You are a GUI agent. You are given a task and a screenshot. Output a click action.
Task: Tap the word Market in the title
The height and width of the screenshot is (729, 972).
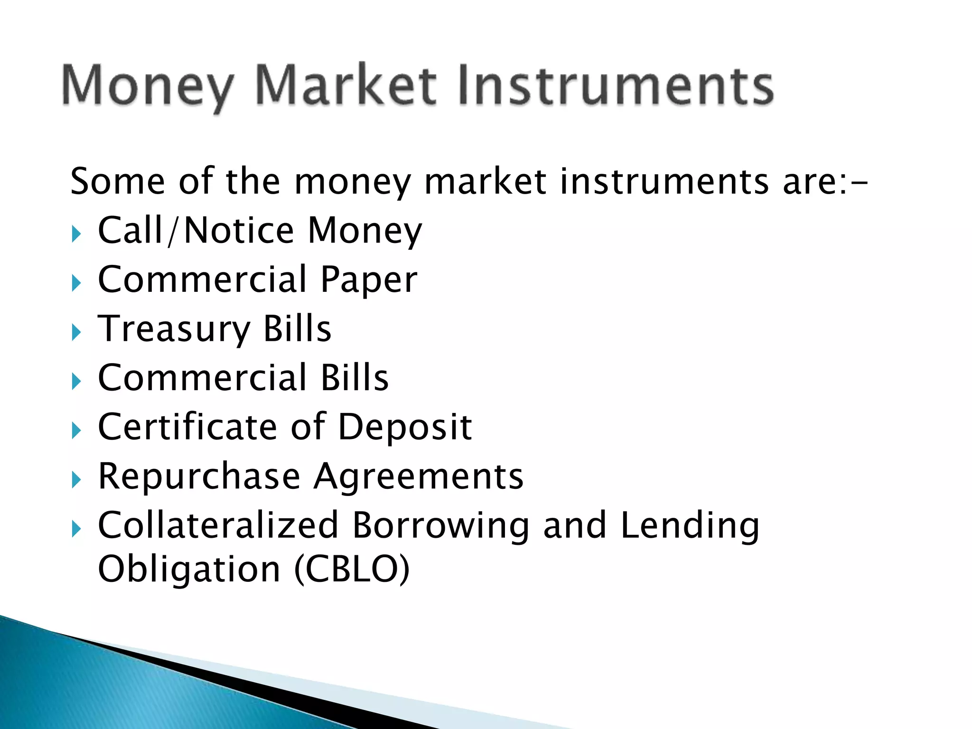point(346,85)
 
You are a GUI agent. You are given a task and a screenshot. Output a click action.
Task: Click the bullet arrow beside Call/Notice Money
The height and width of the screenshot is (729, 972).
point(77,234)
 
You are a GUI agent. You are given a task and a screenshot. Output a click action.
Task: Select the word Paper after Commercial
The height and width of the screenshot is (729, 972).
point(369,280)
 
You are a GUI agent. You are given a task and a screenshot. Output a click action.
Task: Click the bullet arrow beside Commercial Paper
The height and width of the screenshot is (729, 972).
point(77,283)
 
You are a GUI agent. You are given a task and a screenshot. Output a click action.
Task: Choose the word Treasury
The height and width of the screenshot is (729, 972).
point(174,329)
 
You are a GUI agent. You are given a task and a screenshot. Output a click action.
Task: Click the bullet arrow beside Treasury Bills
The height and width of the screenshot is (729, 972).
point(77,332)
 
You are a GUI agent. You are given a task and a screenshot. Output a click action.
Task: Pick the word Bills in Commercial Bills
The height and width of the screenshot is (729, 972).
point(355,378)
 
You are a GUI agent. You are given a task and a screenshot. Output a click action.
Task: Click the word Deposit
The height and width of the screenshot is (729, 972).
point(404,428)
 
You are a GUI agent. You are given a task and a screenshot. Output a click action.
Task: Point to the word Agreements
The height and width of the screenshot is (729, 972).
point(419,477)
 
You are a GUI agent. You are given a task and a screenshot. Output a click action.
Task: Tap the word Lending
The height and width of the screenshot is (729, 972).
point(690,526)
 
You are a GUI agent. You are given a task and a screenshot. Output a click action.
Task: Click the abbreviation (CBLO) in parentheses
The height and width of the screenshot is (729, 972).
point(352,570)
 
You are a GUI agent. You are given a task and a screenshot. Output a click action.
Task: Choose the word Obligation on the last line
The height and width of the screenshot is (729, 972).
point(189,570)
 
